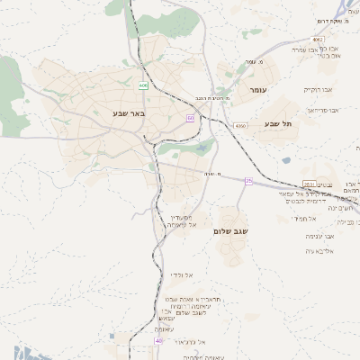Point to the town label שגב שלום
(x=231, y=231)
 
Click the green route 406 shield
(x=143, y=85)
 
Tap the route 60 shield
(x=190, y=117)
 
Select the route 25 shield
(x=248, y=182)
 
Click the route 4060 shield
(x=239, y=127)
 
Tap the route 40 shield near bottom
(x=158, y=341)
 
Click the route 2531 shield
(x=310, y=184)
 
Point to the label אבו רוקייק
(x=317, y=90)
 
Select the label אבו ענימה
(x=319, y=235)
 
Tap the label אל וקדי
(x=181, y=274)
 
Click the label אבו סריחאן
(x=322, y=109)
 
